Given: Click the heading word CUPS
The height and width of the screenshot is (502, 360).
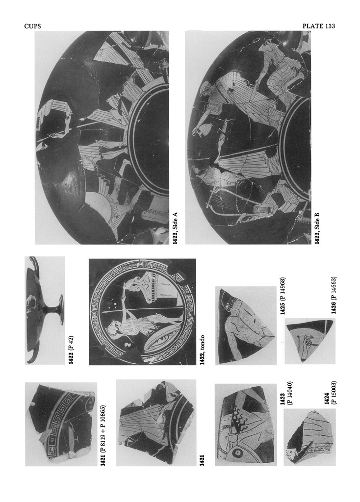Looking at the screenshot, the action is tap(33, 26).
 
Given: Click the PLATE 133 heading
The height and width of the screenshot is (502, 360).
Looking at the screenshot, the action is tap(318, 26).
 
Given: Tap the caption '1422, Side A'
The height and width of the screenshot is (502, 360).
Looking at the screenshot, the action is tap(175, 228).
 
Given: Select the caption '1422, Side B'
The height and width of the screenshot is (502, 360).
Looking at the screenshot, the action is tap(317, 228).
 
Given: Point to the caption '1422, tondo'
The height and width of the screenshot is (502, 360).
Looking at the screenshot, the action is tap(202, 350).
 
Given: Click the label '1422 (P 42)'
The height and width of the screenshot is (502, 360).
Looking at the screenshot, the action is tap(71, 350).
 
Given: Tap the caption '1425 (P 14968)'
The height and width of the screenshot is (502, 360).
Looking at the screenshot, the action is tap(283, 296).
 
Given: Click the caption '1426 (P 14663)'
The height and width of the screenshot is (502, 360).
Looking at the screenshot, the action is tap(333, 295).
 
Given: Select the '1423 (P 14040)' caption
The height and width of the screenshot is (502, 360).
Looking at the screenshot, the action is tap(285, 393).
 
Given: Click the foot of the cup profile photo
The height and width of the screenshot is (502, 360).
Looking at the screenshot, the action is tap(60, 310).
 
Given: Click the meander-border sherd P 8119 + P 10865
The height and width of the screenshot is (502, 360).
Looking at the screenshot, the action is tap(60, 423).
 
